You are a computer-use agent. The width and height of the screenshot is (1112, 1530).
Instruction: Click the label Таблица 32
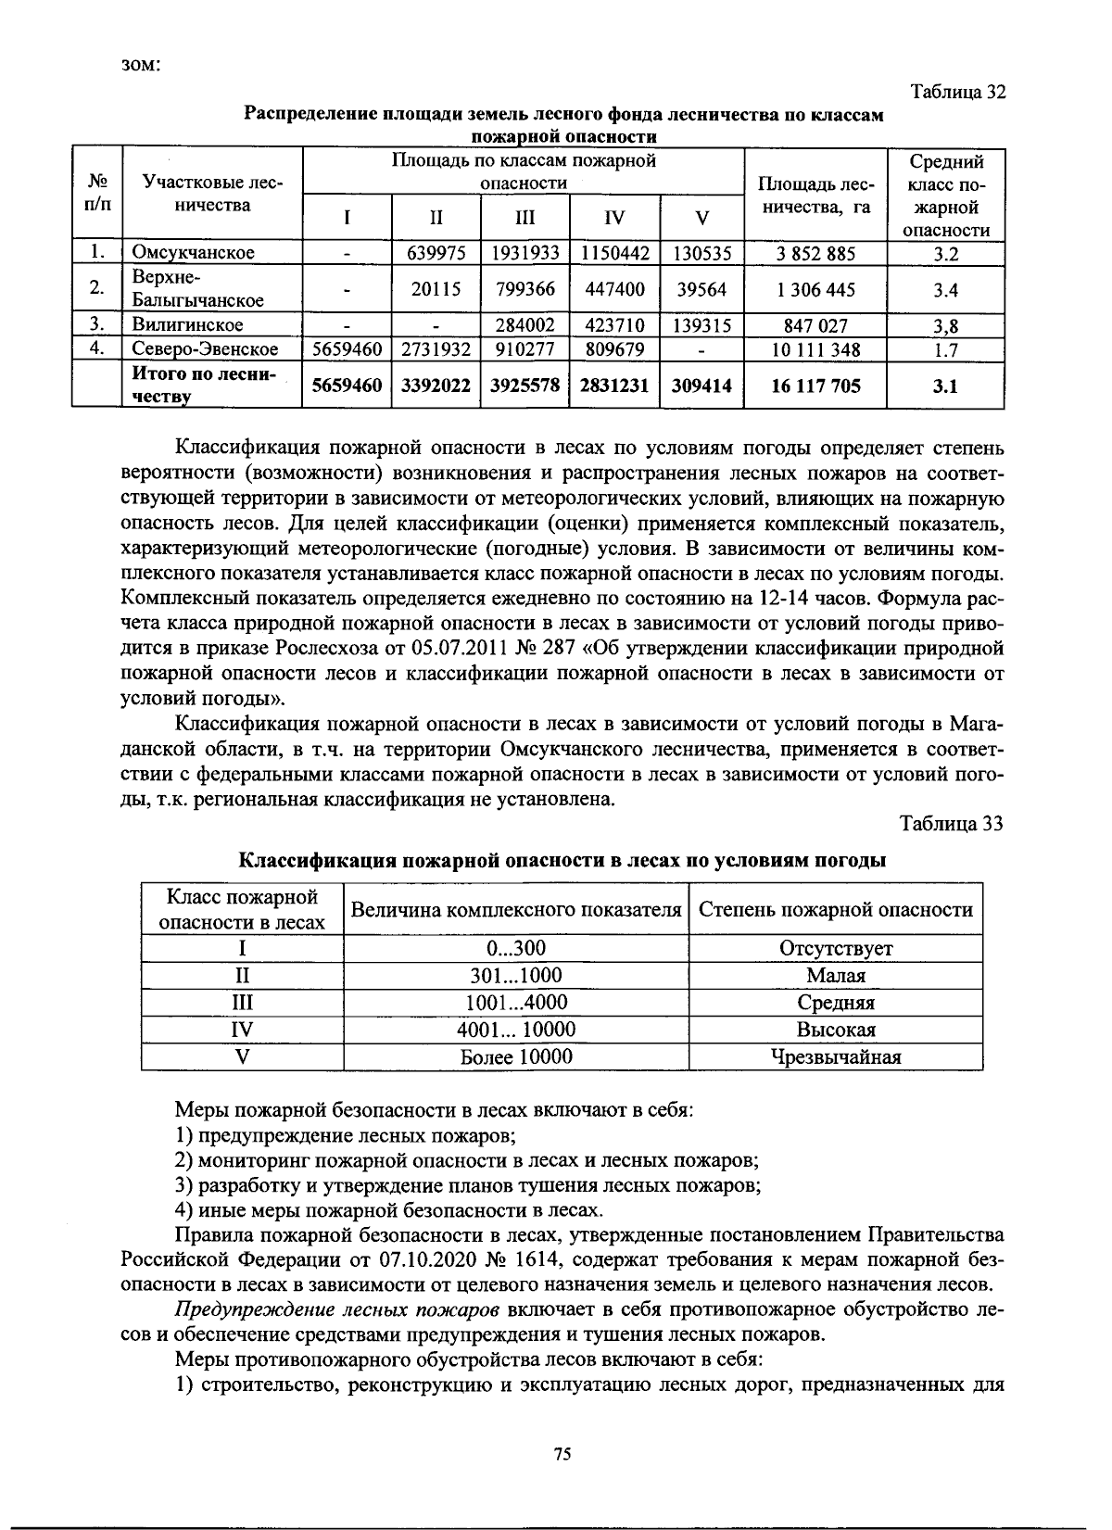point(957,93)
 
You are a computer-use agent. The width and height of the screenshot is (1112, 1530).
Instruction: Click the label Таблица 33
point(951,824)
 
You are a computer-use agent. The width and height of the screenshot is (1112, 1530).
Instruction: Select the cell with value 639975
point(436,253)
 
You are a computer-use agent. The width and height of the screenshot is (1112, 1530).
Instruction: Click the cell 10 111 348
point(815,350)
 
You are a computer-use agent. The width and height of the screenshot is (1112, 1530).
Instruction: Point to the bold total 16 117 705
point(815,386)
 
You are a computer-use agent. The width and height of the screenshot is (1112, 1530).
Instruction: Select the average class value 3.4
point(944,290)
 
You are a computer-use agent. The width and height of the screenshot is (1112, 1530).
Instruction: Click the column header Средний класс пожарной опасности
point(945,196)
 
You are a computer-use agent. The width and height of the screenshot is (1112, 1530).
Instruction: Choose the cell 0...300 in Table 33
point(516,948)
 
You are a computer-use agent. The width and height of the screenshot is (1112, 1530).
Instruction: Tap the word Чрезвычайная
point(836,1057)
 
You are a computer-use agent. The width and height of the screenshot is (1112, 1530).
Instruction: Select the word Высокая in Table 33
point(836,1030)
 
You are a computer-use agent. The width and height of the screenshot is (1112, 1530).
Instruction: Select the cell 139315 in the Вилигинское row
point(702,325)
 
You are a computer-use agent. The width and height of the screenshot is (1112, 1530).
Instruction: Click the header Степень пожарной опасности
point(836,910)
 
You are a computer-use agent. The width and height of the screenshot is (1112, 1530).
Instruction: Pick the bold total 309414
point(702,386)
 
